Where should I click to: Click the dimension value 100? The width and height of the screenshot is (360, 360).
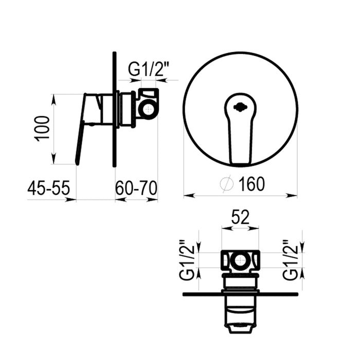[x=42, y=129]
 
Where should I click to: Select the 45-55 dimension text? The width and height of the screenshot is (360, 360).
[x=48, y=188]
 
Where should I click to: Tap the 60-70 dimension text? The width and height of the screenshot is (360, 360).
[x=136, y=188]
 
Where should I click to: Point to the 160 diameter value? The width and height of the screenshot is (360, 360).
[x=251, y=184]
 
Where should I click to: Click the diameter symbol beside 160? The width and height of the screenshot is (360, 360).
[x=227, y=184]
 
